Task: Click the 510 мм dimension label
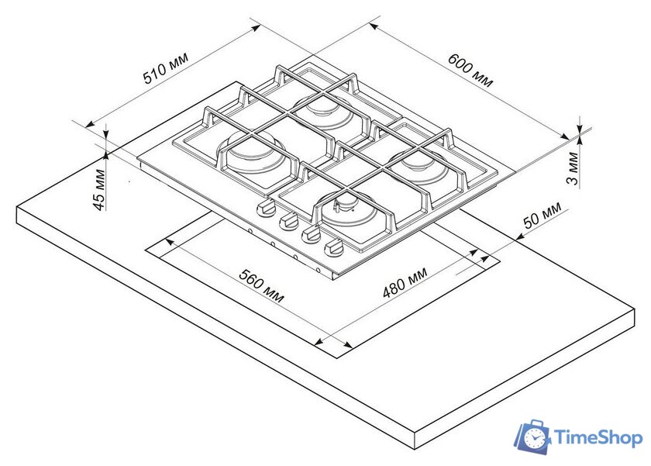click(165, 67)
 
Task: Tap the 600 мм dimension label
click(470, 71)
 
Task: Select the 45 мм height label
click(99, 189)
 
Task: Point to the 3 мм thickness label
click(573, 168)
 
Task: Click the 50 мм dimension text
click(542, 215)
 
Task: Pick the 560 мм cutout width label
click(262, 286)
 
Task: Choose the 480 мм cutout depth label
click(405, 282)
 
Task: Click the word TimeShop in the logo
click(598, 438)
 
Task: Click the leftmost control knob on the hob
click(265, 207)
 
